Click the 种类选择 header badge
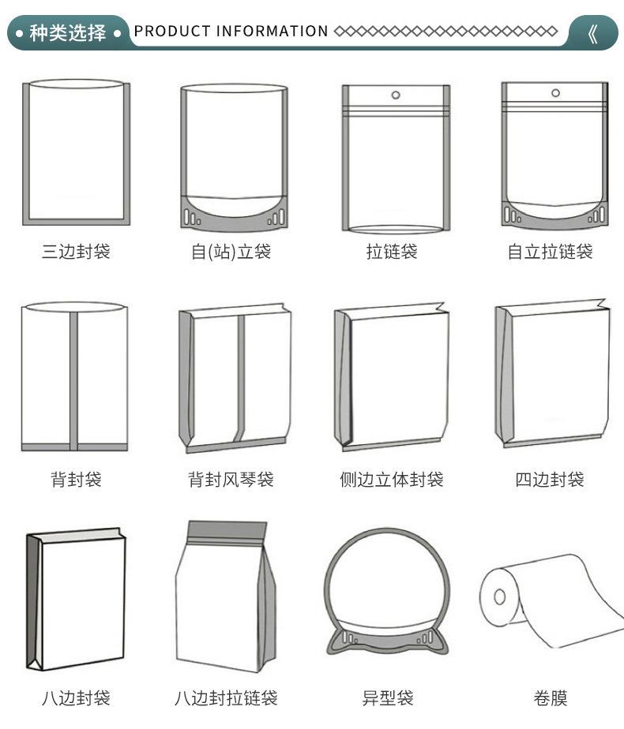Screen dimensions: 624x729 point(67,33)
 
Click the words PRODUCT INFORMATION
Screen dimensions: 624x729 point(231,32)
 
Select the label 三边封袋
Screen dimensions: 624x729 point(76,252)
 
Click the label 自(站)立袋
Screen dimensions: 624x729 point(231,252)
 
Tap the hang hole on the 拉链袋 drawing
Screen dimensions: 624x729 point(396,96)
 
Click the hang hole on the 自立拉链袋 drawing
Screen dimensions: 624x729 point(555,93)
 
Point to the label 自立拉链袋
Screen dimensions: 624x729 point(550,252)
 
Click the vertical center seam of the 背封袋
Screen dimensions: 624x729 point(73,379)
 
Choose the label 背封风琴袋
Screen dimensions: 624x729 point(231,479)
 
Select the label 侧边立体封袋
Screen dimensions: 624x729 point(392,479)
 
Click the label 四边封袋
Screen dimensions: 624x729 point(550,479)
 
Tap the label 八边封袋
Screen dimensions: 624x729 point(76,697)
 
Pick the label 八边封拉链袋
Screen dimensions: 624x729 point(227,697)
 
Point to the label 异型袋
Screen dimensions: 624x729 point(388,697)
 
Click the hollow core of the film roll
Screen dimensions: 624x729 point(499,596)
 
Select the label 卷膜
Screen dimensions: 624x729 point(550,697)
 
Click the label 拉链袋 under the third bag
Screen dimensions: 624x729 point(392,252)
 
